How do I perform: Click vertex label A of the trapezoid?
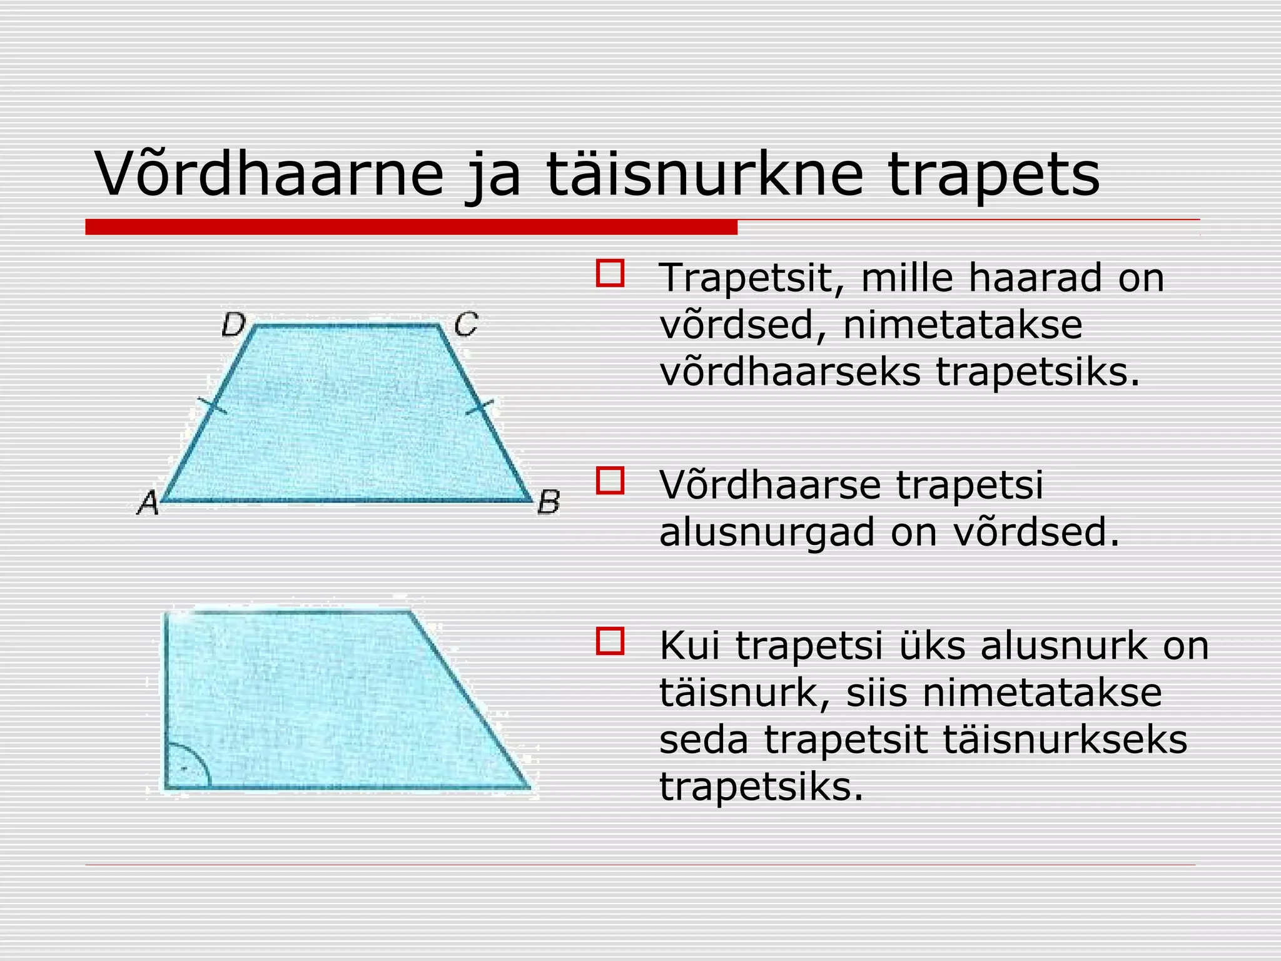(x=148, y=502)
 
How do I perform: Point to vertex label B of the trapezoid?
(x=549, y=502)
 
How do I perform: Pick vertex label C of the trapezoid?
(x=466, y=325)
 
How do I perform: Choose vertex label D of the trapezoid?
(x=234, y=325)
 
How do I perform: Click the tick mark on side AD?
(x=211, y=405)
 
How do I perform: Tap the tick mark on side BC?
(x=480, y=408)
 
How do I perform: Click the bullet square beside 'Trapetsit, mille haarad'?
(x=610, y=273)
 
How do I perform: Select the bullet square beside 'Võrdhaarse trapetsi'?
(x=610, y=480)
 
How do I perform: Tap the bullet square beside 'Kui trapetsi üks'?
(x=610, y=641)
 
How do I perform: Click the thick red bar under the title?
(x=411, y=227)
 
